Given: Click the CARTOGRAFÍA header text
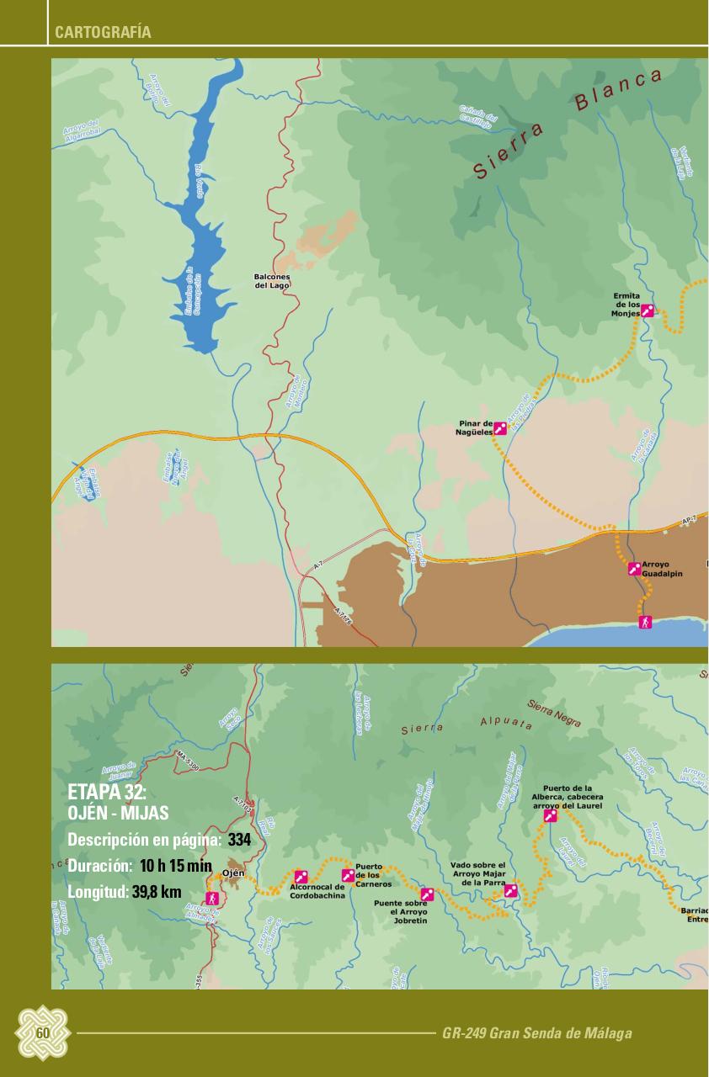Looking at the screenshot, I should point(103,33).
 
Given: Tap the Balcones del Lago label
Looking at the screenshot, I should point(272,281).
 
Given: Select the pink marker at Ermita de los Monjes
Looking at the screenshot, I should point(647,310).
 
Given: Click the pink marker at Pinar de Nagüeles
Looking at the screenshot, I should point(500,427).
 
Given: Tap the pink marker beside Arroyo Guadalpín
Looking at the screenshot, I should point(634,569).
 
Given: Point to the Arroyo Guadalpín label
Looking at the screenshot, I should point(662,569).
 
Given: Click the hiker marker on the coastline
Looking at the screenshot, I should point(645,622).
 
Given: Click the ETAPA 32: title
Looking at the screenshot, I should point(107,793).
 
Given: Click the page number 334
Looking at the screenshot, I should point(239,840).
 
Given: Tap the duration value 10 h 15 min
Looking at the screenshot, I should point(176,866).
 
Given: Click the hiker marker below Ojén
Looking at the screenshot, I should point(211,898).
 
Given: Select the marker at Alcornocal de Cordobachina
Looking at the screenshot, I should point(300,877).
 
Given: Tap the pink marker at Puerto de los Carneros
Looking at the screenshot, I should point(348,875).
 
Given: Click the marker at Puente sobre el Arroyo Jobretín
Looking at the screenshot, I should point(427,894).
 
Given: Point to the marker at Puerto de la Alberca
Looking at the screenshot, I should point(551,815).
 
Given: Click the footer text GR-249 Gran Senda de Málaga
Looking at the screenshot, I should point(536,1033).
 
